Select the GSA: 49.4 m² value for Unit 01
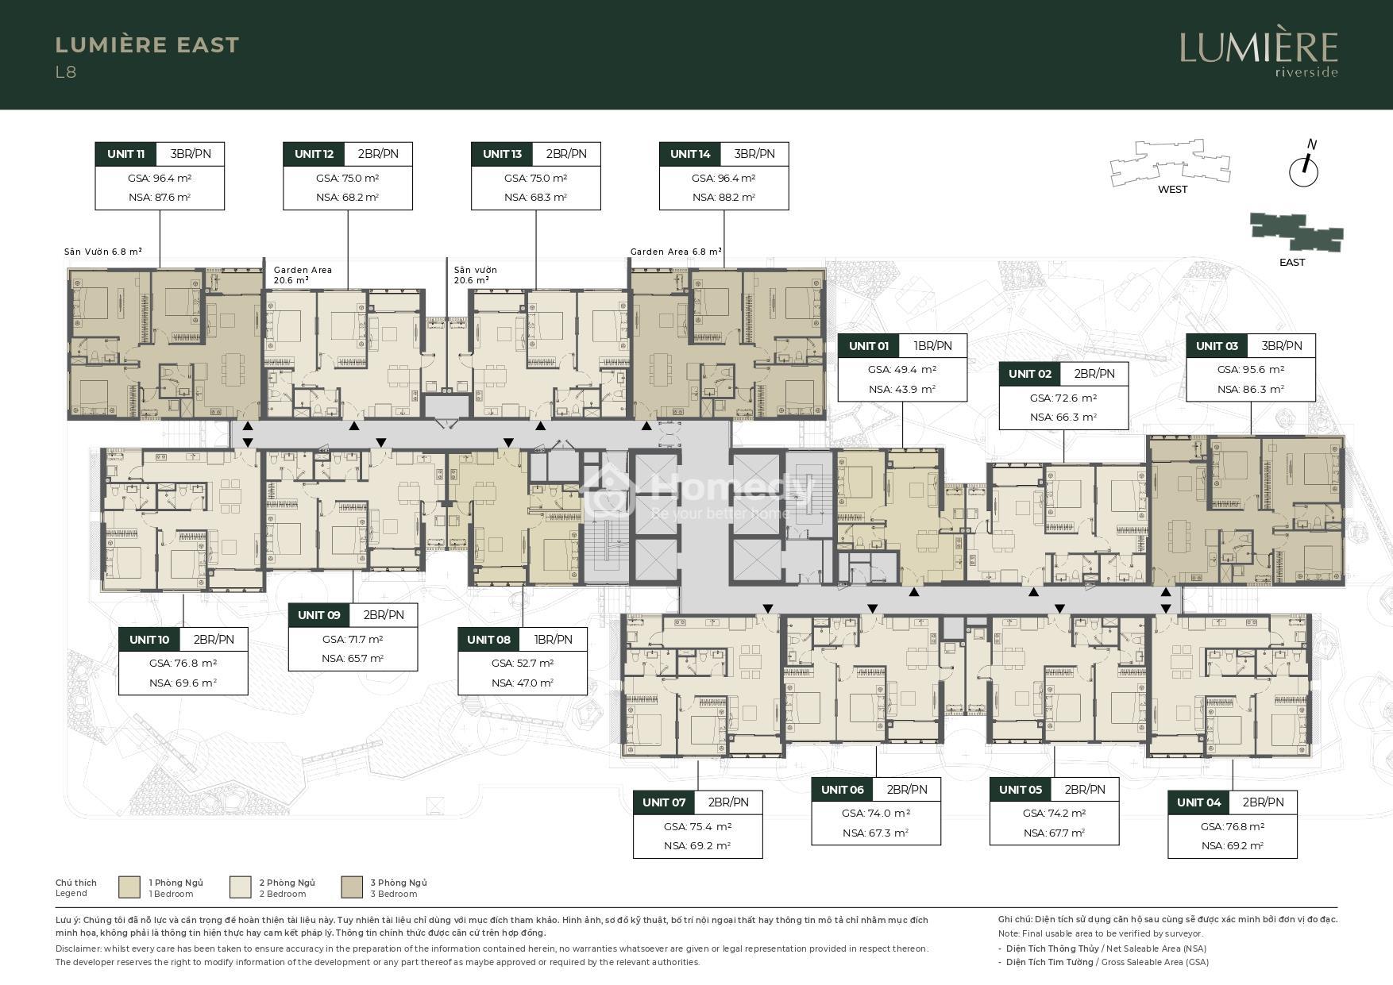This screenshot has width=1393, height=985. coord(902,370)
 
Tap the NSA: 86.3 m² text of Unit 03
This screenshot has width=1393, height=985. coord(1251,390)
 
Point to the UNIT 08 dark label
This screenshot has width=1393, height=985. coord(488,640)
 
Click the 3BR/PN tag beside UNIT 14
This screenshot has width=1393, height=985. coord(754,154)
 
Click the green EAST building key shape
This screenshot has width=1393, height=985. coord(1296,232)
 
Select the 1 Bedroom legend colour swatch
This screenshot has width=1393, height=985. coord(129,887)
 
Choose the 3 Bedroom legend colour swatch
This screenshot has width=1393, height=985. coord(352,887)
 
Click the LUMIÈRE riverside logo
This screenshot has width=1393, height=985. coord(1259,54)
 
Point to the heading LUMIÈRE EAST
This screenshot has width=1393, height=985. coord(147,45)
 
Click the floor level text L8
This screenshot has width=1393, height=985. coord(66,72)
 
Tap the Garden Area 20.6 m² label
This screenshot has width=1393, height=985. coord(303,275)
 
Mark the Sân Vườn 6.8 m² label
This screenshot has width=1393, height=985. coord(103,252)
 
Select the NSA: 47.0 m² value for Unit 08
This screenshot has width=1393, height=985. coord(523,683)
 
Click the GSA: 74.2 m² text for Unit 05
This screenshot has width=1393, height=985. coord(1055,814)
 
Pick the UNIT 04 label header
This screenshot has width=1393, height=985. coord(1198,802)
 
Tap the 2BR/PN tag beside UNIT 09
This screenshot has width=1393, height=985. coord(384,615)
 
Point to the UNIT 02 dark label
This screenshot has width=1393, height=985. coord(1030,374)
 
